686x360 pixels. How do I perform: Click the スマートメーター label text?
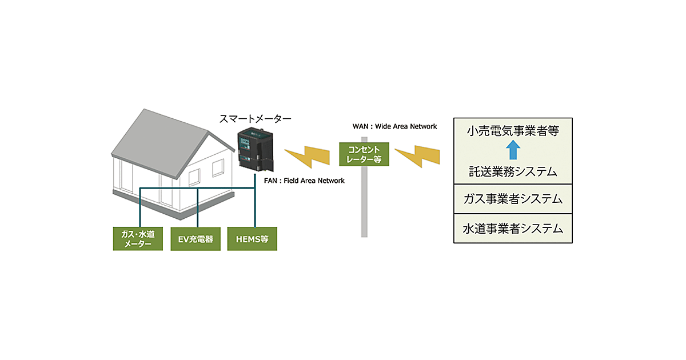click(x=256, y=119)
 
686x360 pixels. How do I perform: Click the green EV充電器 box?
click(x=196, y=239)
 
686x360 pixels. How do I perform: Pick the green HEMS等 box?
click(x=252, y=239)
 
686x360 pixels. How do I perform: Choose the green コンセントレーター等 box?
click(x=364, y=154)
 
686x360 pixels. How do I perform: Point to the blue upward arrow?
click(x=513, y=151)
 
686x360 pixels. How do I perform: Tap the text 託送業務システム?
click(x=513, y=171)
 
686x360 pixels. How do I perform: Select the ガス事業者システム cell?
click(x=513, y=199)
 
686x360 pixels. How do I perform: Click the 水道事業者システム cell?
click(x=513, y=229)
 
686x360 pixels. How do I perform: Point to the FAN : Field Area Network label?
click(x=304, y=181)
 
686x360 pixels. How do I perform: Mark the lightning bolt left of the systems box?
click(x=418, y=155)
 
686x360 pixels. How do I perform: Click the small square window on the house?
click(x=218, y=167)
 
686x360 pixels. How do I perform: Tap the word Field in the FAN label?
click(x=294, y=181)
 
